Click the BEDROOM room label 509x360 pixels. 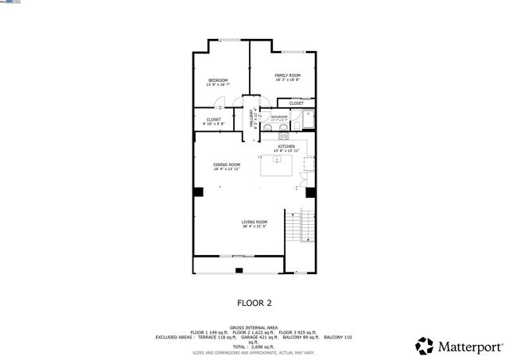point(218,80)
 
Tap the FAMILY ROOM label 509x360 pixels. point(287,75)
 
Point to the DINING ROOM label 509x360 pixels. point(226,165)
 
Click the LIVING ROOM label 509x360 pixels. point(254,222)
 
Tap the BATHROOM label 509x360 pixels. point(279,117)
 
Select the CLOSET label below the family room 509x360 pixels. point(296,103)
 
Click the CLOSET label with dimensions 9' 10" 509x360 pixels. point(213,120)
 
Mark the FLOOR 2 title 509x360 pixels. point(254,303)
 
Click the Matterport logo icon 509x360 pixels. point(425,346)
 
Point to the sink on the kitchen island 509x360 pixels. point(277,159)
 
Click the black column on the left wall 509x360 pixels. point(198,192)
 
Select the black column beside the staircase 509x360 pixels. point(310,192)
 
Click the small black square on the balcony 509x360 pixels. point(239,271)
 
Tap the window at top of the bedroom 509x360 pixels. point(230,40)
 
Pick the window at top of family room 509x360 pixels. point(292,52)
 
